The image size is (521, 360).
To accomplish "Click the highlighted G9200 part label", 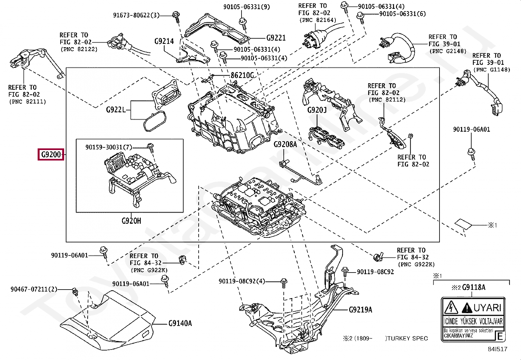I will tap(51, 154).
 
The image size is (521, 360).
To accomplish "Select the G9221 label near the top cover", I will tap(276, 38).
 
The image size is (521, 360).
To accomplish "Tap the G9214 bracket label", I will tap(164, 41).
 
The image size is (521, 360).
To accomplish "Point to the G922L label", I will tap(116, 109).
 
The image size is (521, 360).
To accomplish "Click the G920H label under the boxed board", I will tap(131, 221).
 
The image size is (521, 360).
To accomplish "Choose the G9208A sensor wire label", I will tap(285, 144).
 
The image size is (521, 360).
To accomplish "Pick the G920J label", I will tap(317, 110).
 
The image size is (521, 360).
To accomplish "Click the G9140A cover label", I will tap(180, 323).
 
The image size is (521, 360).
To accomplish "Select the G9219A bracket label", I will tap(360, 310).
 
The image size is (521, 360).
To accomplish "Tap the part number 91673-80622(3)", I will tap(136, 15).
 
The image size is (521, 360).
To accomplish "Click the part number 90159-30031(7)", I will tap(108, 147).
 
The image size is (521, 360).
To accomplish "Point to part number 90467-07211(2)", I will tap(34, 289).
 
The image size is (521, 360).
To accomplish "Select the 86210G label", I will tap(242, 75).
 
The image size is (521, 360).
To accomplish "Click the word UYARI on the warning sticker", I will tap(487, 308).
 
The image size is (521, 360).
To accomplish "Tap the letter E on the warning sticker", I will tap(500, 336).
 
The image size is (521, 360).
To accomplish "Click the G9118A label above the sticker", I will tap(473, 287).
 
